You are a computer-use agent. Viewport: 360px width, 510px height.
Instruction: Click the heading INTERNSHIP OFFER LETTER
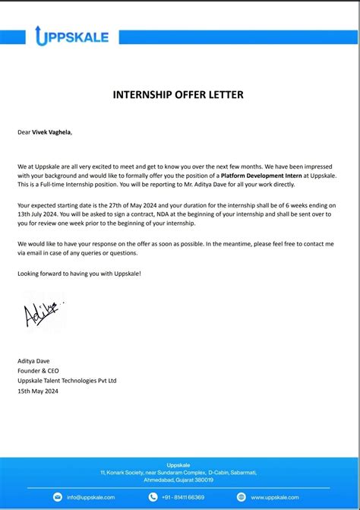click(x=178, y=95)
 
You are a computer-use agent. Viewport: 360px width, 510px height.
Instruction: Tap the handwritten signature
click(x=43, y=312)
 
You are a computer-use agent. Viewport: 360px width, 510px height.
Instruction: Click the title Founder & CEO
click(x=39, y=371)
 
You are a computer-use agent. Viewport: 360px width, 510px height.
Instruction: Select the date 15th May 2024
click(x=38, y=391)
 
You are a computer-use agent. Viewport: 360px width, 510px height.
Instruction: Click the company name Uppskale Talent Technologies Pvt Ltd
click(x=67, y=381)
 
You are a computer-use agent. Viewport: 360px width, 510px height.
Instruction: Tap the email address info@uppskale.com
click(x=90, y=497)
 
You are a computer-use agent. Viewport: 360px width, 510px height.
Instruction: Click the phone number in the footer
click(x=183, y=497)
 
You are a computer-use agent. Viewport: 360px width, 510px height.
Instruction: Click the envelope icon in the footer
click(x=58, y=497)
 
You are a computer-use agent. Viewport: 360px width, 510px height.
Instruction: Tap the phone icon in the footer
click(x=153, y=497)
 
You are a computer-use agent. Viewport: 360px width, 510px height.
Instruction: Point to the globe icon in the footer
click(x=242, y=497)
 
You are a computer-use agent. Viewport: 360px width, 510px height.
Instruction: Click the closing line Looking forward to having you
click(x=79, y=273)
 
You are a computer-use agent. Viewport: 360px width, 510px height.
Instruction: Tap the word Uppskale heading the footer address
click(x=179, y=465)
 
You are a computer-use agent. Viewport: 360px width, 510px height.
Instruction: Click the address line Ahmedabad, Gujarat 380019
click(x=179, y=480)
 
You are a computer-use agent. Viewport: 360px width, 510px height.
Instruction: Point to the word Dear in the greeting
click(x=24, y=132)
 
